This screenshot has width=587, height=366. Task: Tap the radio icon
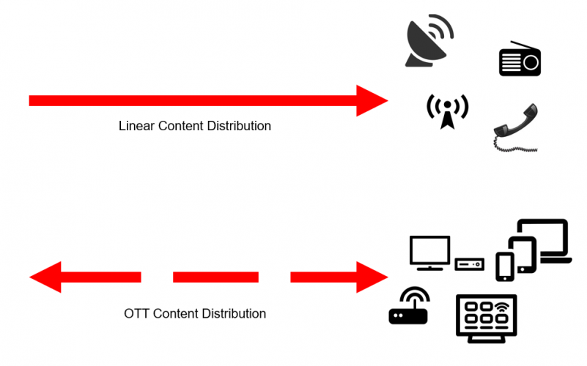click(x=520, y=60)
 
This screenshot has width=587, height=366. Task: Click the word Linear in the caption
click(x=136, y=126)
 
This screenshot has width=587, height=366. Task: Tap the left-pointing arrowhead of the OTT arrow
click(x=46, y=277)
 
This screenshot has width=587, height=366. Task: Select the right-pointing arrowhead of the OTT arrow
click(x=372, y=277)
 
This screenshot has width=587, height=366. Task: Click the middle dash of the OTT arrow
click(x=215, y=277)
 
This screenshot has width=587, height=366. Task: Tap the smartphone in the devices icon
click(x=505, y=266)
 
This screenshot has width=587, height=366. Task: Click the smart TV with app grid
click(x=486, y=316)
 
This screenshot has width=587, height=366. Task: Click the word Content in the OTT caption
click(x=182, y=313)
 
